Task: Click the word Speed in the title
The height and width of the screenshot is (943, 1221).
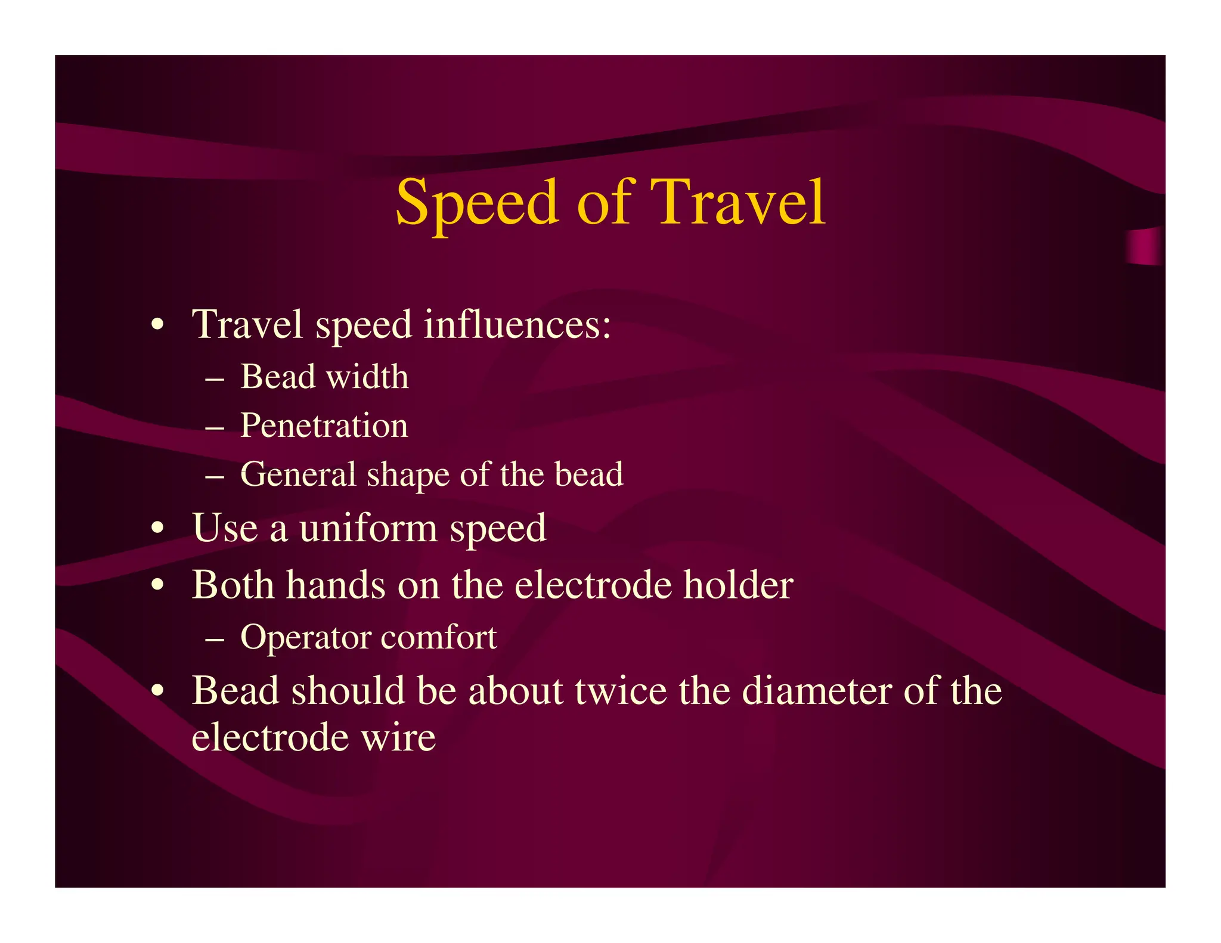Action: tap(477, 204)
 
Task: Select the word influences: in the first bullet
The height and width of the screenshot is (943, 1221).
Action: tap(517, 325)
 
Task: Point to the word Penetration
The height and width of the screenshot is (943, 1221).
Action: tap(324, 426)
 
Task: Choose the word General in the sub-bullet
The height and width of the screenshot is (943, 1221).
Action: tap(298, 475)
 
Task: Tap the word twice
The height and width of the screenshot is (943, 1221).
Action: tap(621, 691)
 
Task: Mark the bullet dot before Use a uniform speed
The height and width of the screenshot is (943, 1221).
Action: tap(157, 528)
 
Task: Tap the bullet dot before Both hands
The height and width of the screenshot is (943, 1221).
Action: tap(157, 585)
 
